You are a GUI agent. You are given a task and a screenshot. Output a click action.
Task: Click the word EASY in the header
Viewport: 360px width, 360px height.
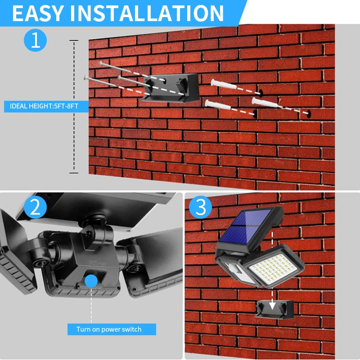pos(38,13)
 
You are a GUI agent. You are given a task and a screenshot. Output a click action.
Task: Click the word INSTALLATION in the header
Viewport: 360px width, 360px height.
pos(147,13)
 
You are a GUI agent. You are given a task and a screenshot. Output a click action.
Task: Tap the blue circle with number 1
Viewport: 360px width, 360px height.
pos(36,40)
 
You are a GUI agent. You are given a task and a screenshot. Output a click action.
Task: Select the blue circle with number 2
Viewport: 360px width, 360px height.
pos(35,207)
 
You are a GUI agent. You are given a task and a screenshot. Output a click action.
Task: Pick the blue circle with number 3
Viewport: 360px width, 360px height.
pos(200,207)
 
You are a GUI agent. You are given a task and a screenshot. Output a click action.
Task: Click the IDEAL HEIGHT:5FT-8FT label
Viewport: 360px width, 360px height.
pos(44,106)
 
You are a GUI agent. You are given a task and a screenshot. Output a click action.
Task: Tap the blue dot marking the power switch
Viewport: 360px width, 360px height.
pos(91,281)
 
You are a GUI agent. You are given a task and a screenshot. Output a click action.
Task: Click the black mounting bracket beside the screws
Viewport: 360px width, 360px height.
pos(171,88)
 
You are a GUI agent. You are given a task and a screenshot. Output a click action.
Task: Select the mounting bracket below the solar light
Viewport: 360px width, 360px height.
pos(274,309)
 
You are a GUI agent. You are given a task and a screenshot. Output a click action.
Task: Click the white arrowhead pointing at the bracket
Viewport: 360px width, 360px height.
pos(272,306)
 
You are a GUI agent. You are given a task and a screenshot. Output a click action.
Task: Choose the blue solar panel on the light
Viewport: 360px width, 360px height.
pos(245,226)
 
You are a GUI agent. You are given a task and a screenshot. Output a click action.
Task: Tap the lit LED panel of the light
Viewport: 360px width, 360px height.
pos(273,267)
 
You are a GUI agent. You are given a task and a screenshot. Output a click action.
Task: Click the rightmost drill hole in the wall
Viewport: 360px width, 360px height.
pos(309,114)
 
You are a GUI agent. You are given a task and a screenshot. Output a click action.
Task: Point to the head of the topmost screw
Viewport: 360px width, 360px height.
pos(100,63)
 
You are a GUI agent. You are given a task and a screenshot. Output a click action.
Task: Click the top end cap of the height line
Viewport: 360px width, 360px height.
pos(74,40)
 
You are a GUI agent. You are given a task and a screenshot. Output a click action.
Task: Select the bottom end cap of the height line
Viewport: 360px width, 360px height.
pos(74,173)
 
